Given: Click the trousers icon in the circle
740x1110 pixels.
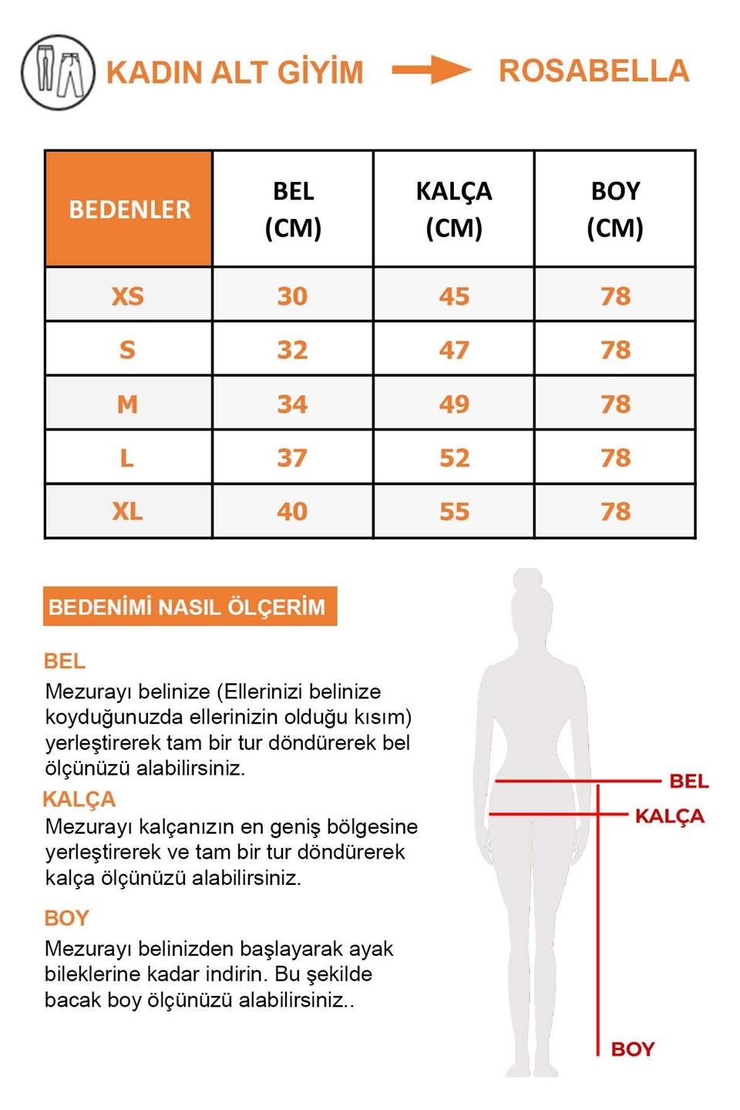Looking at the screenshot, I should [58, 72].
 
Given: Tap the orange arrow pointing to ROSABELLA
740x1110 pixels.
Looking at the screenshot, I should [431, 70].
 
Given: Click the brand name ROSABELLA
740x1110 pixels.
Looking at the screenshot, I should [594, 71].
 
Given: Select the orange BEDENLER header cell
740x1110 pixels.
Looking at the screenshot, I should [129, 209].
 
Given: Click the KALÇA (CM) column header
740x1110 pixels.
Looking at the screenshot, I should [454, 209].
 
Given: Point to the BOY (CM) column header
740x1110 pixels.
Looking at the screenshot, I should [615, 209].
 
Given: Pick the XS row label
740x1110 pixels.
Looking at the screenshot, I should [127, 296].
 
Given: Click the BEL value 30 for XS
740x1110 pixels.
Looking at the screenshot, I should [292, 296].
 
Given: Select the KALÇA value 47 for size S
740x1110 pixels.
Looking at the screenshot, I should [454, 350].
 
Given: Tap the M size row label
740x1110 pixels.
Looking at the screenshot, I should [127, 404].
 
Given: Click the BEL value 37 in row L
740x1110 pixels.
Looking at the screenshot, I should [292, 458].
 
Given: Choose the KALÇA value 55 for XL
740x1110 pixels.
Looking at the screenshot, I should [454, 511].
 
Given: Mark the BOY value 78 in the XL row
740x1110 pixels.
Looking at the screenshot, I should [615, 511].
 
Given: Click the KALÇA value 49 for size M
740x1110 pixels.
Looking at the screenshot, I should [454, 404].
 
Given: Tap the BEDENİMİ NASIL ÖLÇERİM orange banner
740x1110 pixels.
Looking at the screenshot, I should [190, 607].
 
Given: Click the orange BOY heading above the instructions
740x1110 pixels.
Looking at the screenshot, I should [67, 918].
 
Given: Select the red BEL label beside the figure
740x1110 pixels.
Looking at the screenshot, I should [688, 782].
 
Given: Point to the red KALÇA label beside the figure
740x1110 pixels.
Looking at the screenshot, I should [669, 816].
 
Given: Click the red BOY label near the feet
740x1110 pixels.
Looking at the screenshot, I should [632, 1049].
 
